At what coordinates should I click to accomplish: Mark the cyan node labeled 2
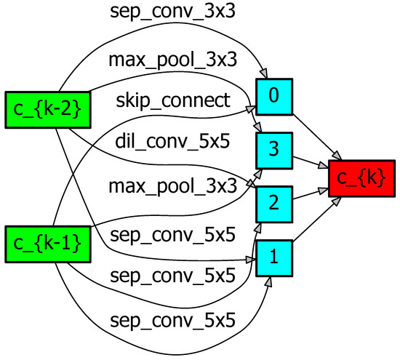[x=273, y=204]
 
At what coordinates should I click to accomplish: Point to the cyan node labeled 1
[x=273, y=257]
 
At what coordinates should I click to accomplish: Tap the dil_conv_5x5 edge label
[x=173, y=142]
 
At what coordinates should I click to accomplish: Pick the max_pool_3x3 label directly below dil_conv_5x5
[x=173, y=186]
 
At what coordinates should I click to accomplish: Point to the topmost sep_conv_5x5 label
[x=173, y=234]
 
